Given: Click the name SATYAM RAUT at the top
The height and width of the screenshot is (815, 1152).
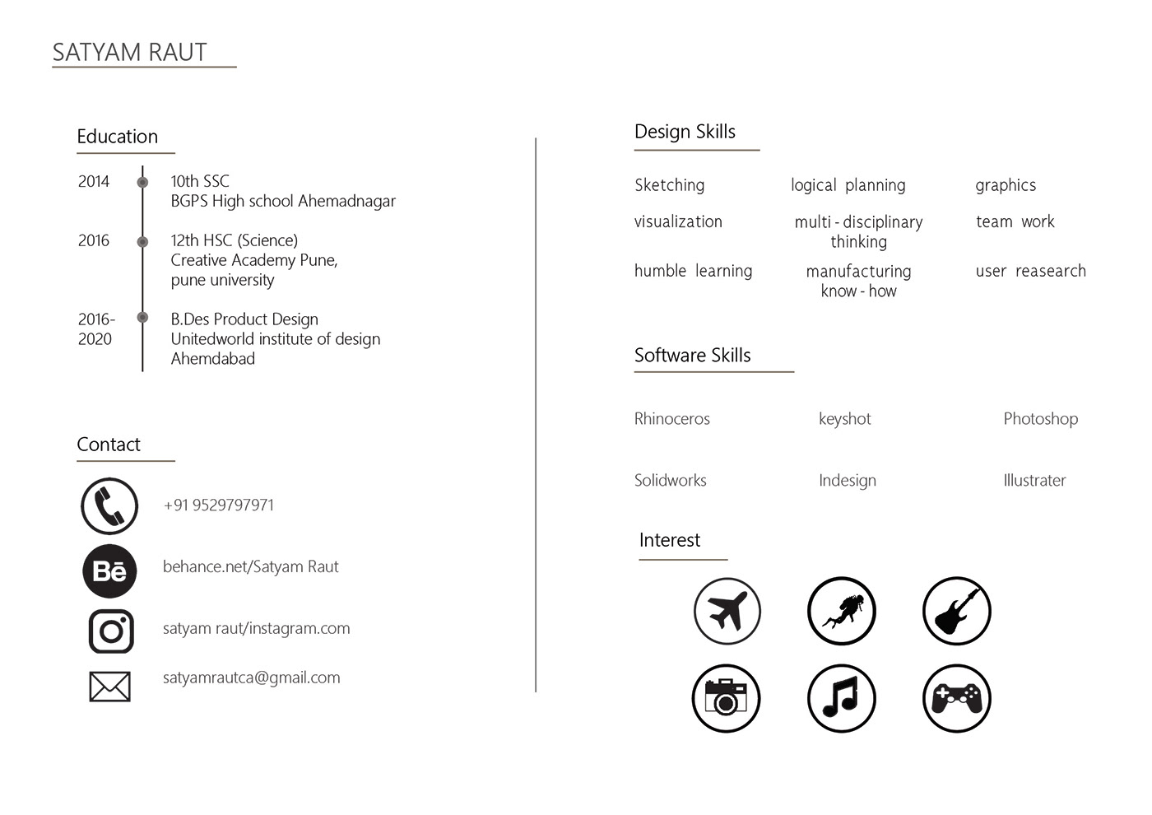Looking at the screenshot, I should click(129, 52).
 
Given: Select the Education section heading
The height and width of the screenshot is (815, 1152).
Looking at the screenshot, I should click(117, 137).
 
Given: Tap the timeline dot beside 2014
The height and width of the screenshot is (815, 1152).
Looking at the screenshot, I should click(142, 182).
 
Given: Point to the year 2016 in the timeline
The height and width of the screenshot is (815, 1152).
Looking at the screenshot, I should click(94, 240).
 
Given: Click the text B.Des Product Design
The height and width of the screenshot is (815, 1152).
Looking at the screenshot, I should click(244, 319).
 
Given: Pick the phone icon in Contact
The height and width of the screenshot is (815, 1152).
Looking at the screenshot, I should click(109, 505).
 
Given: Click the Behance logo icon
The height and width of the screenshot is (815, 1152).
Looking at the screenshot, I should click(109, 570).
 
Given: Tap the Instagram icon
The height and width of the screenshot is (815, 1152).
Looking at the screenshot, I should click(111, 631).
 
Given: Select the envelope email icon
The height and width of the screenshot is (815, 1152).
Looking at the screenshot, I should click(109, 686).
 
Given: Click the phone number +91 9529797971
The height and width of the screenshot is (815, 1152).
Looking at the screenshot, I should click(219, 505).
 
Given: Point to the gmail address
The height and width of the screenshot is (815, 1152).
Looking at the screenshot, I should click(252, 678).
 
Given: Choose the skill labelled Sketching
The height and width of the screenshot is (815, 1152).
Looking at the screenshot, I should click(669, 185).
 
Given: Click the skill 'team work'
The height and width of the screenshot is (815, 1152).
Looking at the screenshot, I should click(1015, 221).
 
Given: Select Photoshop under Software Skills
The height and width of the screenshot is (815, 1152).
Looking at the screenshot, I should click(1040, 418).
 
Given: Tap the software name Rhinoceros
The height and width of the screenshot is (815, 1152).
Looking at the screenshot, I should click(671, 418).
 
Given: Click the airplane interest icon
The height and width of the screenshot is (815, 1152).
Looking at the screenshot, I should click(727, 611).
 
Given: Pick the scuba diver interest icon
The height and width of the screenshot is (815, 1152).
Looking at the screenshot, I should click(841, 611).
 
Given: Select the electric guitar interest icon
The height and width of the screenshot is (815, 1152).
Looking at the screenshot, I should click(956, 611).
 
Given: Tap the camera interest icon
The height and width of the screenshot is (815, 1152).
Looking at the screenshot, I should click(726, 699).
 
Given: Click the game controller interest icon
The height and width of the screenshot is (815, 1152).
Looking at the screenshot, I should click(956, 699).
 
